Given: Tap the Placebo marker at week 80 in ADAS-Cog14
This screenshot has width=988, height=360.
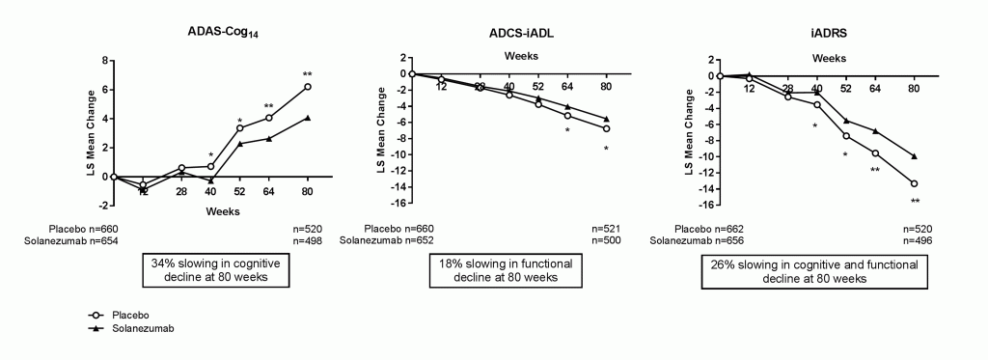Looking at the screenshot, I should [x=307, y=87].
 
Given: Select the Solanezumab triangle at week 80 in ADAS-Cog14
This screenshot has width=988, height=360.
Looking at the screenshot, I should [x=307, y=118].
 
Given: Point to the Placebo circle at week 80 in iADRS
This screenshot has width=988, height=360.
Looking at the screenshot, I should [x=914, y=183].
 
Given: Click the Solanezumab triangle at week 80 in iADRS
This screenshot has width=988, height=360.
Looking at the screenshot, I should [x=914, y=155].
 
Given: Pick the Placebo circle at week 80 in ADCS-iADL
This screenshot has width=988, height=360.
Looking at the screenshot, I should [x=606, y=128].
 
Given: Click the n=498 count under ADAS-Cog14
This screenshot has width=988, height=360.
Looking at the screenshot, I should [x=307, y=239].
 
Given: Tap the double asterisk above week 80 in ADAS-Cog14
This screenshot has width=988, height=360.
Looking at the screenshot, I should [x=307, y=74].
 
